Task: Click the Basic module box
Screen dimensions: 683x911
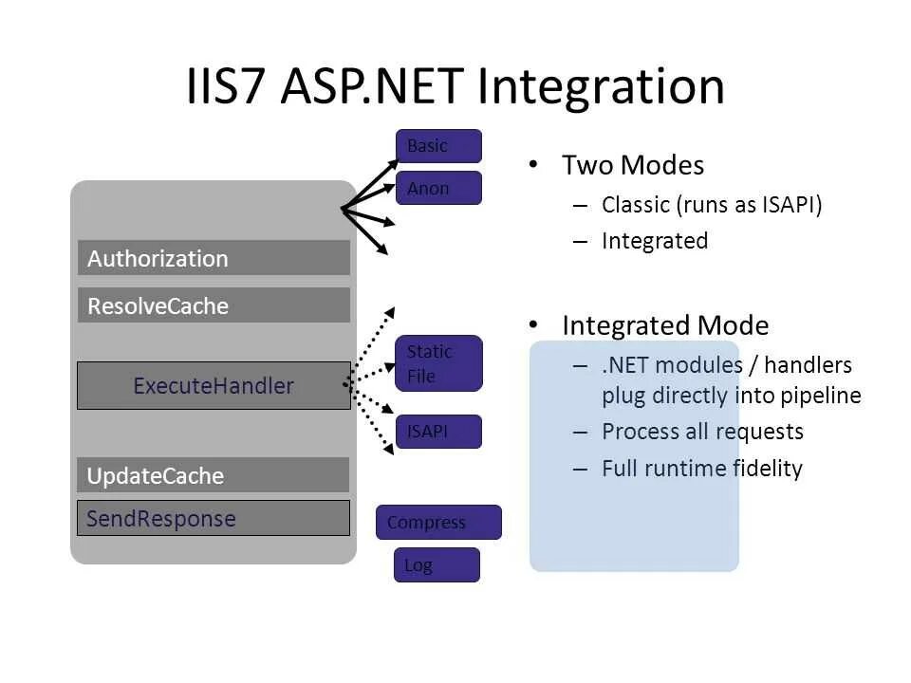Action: [438, 146]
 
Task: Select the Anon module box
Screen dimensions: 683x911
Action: [438, 188]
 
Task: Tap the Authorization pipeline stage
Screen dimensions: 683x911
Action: [214, 258]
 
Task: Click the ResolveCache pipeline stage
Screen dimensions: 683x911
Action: [214, 305]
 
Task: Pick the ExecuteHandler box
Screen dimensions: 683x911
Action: [214, 385]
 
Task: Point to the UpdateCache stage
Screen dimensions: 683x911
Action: [214, 475]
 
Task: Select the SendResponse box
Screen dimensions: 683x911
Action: [214, 518]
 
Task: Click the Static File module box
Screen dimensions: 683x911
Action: [438, 363]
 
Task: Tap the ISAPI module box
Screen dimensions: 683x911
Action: [438, 432]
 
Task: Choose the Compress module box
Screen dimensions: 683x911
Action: [438, 522]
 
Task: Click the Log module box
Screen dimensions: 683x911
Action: [437, 564]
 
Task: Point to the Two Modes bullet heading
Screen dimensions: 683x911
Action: [632, 165]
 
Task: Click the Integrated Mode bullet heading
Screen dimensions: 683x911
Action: [664, 325]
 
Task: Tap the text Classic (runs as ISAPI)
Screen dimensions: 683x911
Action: [711, 205]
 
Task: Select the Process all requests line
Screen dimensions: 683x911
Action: [702, 432]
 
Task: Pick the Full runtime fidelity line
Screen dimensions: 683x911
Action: [702, 468]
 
